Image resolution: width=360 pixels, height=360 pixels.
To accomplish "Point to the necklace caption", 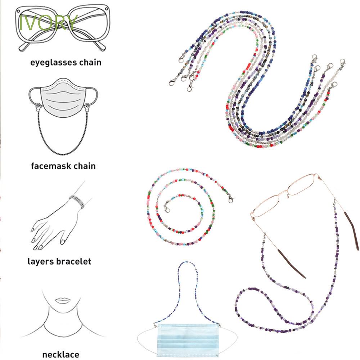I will click(x=60, y=354).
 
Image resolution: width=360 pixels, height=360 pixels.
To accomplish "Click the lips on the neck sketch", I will click(x=62, y=301).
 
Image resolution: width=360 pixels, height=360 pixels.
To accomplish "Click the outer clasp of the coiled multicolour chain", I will click(x=229, y=197).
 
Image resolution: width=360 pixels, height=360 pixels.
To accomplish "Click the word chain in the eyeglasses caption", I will click(x=90, y=63).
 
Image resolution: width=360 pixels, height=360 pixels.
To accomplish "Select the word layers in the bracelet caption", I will click(x=40, y=261).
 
